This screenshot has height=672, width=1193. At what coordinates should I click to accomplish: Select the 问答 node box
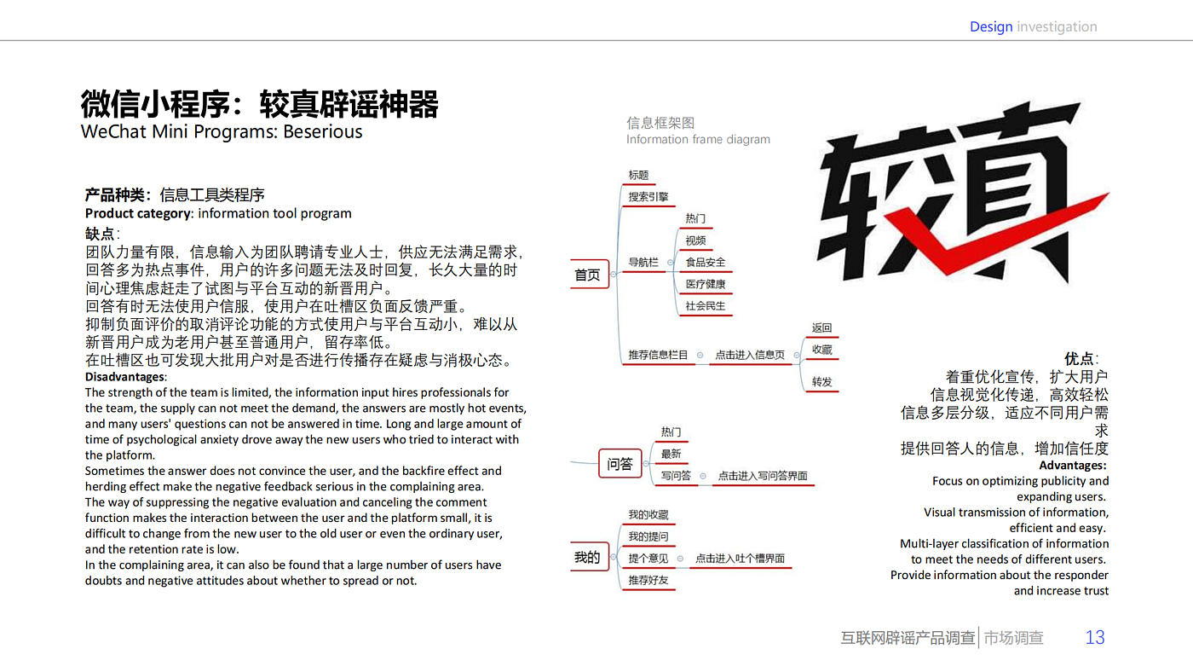(x=620, y=464)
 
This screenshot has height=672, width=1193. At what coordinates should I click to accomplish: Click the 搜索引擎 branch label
(x=648, y=197)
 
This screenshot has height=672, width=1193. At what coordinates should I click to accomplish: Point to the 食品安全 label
(x=706, y=263)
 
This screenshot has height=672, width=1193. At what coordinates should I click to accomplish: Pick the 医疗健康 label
(x=706, y=284)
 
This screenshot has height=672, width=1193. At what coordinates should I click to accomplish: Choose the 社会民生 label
(x=706, y=306)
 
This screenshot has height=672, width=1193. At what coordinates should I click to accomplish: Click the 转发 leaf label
(x=821, y=382)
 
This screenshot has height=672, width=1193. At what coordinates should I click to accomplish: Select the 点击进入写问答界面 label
(x=763, y=476)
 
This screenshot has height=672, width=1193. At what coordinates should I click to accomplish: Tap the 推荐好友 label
(x=648, y=581)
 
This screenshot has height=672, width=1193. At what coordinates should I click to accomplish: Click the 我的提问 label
(x=648, y=537)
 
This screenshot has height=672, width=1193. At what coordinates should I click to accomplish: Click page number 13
(x=1095, y=637)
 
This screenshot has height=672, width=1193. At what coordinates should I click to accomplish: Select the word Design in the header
(x=991, y=26)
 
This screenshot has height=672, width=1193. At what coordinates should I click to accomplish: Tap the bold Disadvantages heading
(x=125, y=377)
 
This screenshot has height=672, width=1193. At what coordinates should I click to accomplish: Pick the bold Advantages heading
(x=1073, y=466)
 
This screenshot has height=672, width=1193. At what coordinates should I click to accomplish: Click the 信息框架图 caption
(x=660, y=124)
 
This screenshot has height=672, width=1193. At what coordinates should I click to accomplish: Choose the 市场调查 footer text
(x=1014, y=638)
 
